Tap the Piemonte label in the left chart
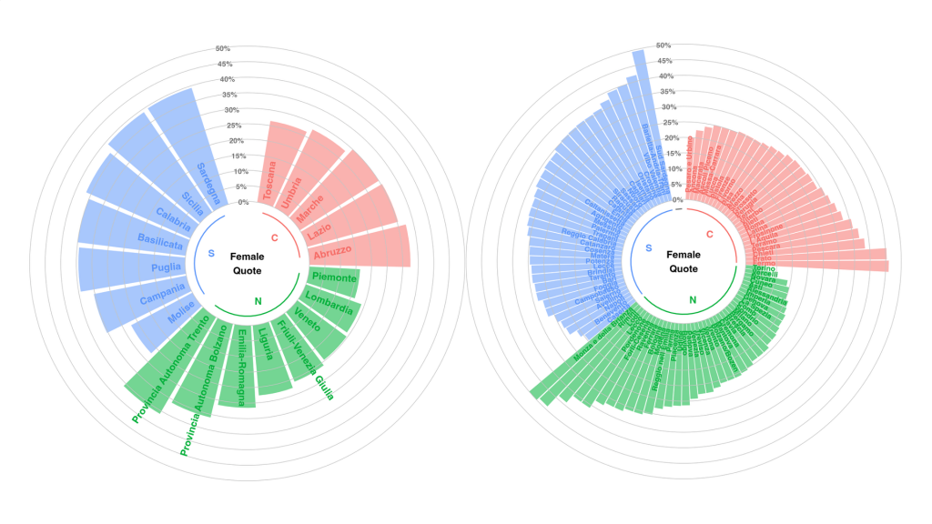pyautogui.click(x=333, y=277)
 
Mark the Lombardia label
pyautogui.click(x=329, y=303)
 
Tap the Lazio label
pyautogui.click(x=318, y=233)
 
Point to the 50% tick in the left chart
pyautogui.click(x=223, y=48)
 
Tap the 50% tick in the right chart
pyautogui.click(x=664, y=45)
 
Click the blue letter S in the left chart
pyautogui.click(x=211, y=254)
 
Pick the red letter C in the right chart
pyautogui.click(x=710, y=236)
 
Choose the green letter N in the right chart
pyautogui.click(x=693, y=299)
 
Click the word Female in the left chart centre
pyautogui.click(x=246, y=257)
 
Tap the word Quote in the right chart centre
pyautogui.click(x=684, y=268)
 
